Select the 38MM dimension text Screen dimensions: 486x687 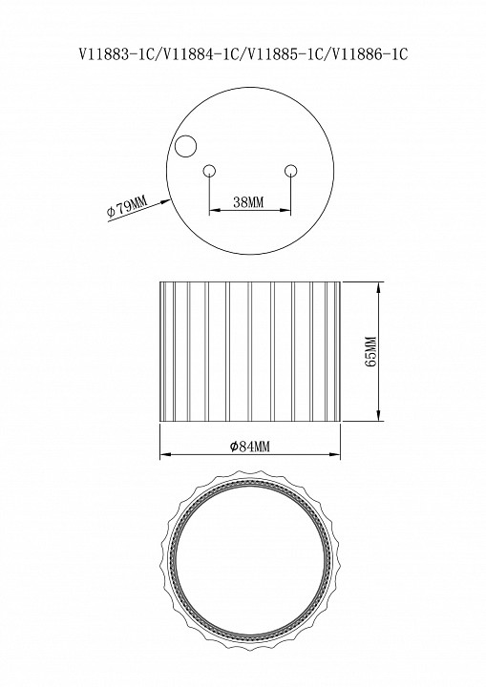tap(248, 202)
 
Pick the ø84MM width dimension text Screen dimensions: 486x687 tap(250, 447)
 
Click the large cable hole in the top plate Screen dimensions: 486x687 tap(185, 146)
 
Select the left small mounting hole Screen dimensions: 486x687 tap(209, 171)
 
